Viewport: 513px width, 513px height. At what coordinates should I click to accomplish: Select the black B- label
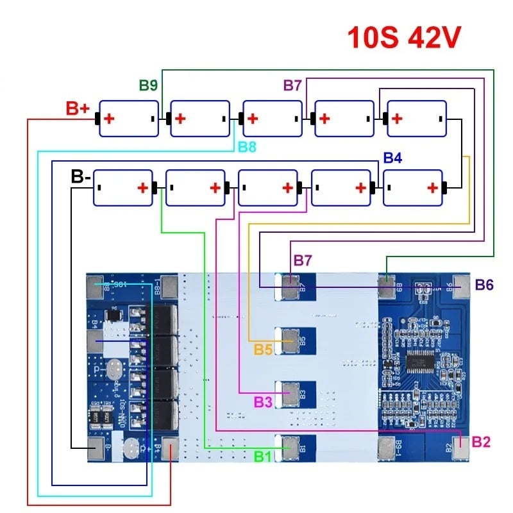pyautogui.click(x=80, y=176)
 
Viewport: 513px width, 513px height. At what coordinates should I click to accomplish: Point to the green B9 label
pyautogui.click(x=148, y=85)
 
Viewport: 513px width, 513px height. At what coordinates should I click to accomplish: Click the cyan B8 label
pyautogui.click(x=247, y=147)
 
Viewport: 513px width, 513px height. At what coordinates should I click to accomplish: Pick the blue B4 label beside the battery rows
pyautogui.click(x=392, y=157)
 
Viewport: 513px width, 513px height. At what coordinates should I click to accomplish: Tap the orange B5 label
pyautogui.click(x=263, y=349)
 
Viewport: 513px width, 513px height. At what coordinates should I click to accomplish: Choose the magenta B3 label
pyautogui.click(x=263, y=402)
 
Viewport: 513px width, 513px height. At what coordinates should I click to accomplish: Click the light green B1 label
pyautogui.click(x=263, y=457)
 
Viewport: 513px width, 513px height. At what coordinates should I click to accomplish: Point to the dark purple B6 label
pyautogui.click(x=484, y=285)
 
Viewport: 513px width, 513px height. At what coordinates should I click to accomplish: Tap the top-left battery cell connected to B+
pyautogui.click(x=129, y=119)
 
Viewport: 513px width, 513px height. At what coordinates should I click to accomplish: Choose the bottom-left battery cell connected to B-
pyautogui.click(x=124, y=188)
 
